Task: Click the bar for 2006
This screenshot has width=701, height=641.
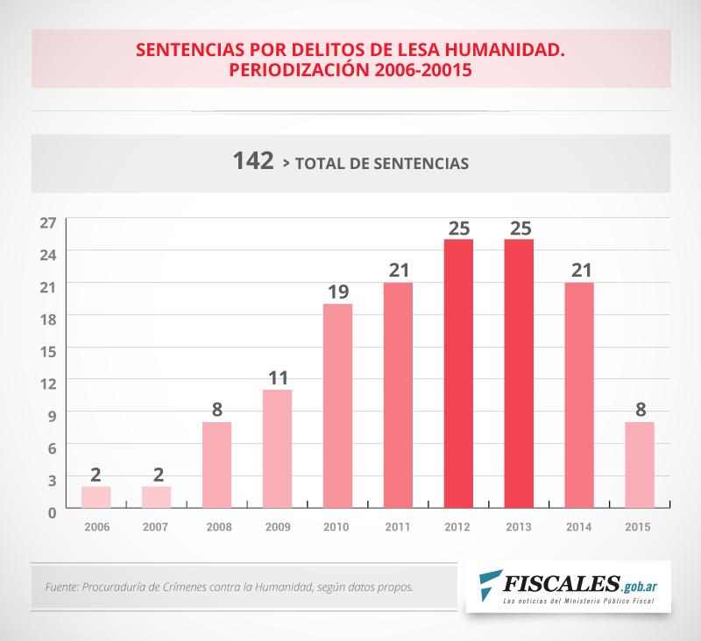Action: tap(96, 497)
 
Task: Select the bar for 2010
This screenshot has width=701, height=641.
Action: tap(337, 405)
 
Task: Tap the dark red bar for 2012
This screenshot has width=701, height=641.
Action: tap(458, 373)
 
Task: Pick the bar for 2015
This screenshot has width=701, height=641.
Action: tap(640, 464)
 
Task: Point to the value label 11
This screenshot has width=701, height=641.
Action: tap(277, 378)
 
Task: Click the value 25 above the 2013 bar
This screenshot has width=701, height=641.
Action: tap(520, 228)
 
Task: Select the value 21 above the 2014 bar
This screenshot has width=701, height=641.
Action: tap(579, 271)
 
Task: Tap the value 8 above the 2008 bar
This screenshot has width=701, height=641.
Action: tap(216, 411)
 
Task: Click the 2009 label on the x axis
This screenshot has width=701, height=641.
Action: tap(277, 527)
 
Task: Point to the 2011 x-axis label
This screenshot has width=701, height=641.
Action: tap(398, 527)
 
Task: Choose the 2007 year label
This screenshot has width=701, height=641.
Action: tap(156, 527)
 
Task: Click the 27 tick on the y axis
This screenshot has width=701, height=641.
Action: tap(47, 222)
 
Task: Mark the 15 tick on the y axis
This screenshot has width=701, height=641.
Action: tap(47, 350)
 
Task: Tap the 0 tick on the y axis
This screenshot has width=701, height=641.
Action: tap(52, 511)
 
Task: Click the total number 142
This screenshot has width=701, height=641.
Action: tap(253, 162)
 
